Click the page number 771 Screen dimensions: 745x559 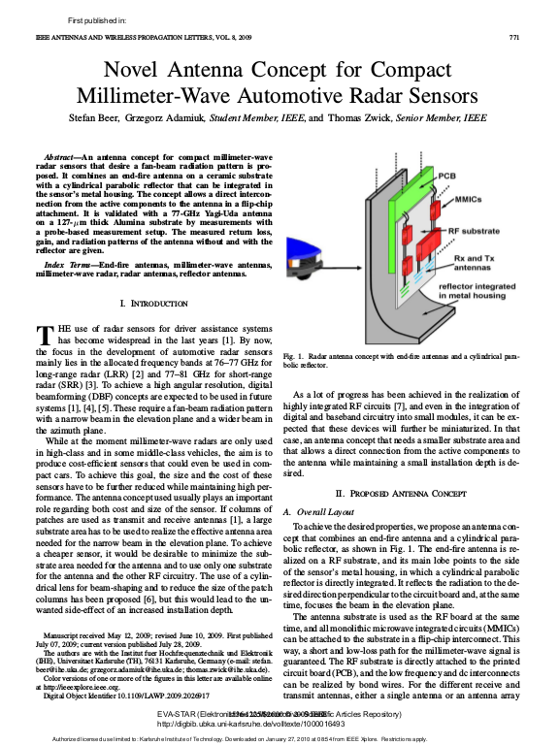tap(515, 37)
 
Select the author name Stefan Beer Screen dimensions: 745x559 tap(100, 119)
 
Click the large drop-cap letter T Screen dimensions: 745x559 tap(44, 336)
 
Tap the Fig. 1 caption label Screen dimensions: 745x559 tap(294, 357)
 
